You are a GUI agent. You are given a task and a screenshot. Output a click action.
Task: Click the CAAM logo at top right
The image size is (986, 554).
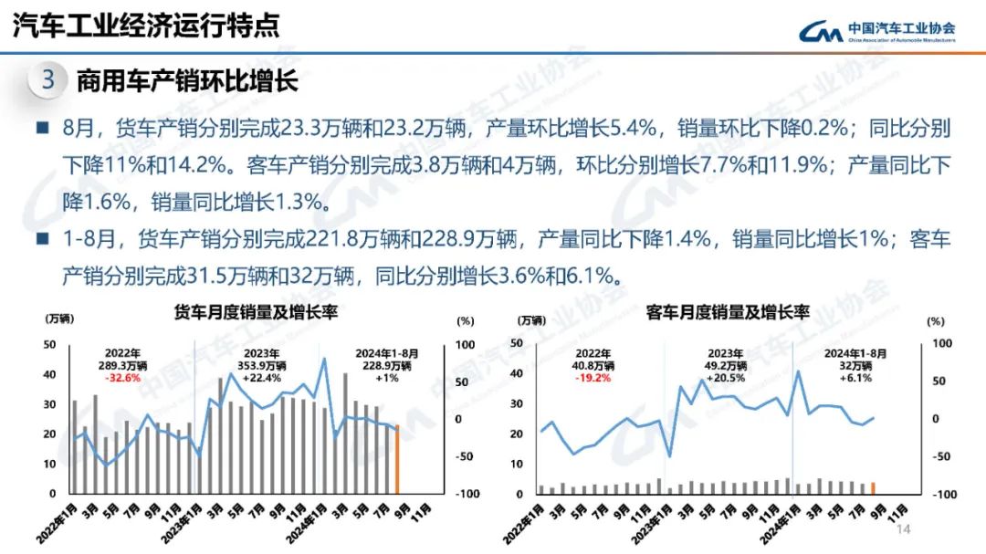click(x=876, y=31)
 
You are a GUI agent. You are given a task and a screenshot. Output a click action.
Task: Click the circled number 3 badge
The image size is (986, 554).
click(x=48, y=80)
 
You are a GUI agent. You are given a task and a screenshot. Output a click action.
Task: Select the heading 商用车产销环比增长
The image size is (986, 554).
click(x=187, y=81)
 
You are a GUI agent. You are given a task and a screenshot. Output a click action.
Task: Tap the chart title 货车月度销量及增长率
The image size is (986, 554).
click(x=257, y=312)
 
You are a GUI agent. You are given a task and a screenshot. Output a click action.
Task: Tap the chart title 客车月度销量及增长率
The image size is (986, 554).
click(x=728, y=312)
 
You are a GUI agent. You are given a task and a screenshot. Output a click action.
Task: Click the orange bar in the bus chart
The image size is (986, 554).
click(x=873, y=488)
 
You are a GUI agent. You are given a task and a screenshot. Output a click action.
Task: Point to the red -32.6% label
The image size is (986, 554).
click(x=122, y=378)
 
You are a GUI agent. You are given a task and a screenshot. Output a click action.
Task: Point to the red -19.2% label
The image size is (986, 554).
click(x=593, y=378)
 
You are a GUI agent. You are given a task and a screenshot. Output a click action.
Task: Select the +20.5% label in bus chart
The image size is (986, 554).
click(x=727, y=378)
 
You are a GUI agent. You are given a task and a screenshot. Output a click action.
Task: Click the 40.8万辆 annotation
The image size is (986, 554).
click(x=593, y=366)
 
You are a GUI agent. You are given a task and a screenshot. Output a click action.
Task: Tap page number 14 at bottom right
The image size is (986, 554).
click(x=905, y=530)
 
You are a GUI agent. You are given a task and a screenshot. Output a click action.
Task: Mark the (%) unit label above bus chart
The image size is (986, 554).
click(x=935, y=320)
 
